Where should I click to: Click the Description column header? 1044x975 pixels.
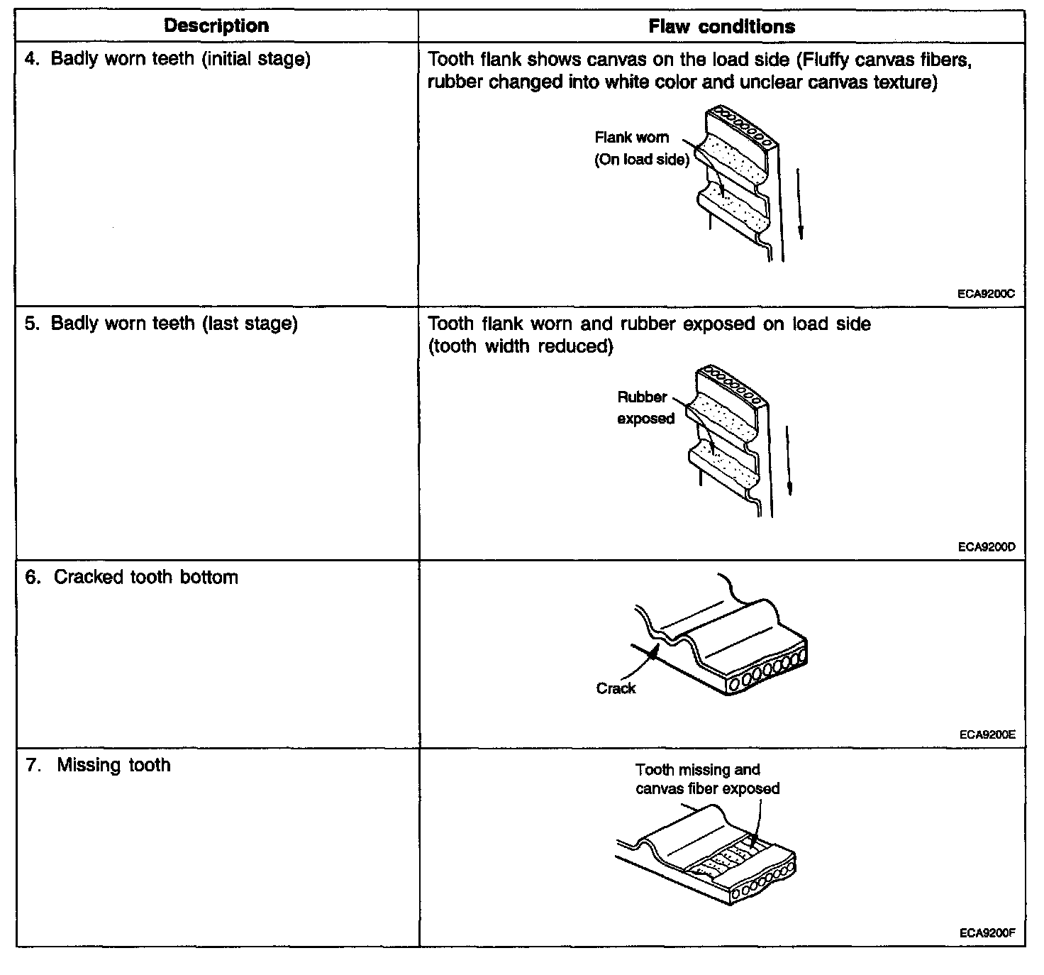[216, 26]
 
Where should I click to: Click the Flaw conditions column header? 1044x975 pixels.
[721, 27]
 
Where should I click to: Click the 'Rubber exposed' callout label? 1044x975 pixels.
[644, 408]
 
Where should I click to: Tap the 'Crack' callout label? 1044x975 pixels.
[616, 688]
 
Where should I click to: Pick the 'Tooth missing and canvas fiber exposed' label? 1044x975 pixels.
[707, 779]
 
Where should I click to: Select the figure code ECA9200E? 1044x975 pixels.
[987, 734]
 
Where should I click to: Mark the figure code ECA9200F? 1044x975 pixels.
[987, 933]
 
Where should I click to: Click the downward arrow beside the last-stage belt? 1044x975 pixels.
[789, 461]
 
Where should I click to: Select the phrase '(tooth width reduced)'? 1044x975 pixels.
[521, 346]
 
